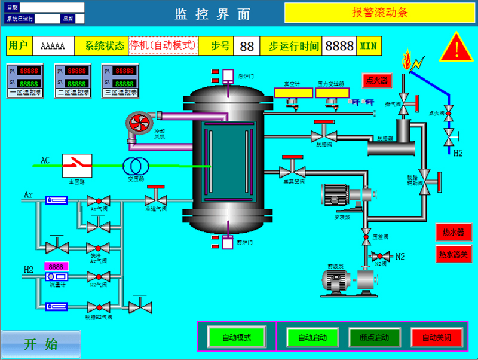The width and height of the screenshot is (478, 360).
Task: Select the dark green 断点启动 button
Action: point(375,337)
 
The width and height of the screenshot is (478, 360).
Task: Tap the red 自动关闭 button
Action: point(437,337)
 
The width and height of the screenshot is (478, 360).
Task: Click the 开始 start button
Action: point(41,344)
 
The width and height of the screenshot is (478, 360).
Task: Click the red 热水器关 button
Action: point(453,254)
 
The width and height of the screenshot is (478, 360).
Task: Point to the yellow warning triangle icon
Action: point(456,47)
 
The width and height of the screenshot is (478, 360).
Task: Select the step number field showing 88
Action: point(247,46)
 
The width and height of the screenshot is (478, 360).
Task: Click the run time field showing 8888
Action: point(339,46)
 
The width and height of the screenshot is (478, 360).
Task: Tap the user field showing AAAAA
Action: point(53,46)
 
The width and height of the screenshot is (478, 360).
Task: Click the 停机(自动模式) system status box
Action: point(163,45)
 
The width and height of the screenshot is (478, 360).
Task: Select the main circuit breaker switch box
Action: point(77,164)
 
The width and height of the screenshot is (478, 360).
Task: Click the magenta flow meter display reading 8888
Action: point(56,266)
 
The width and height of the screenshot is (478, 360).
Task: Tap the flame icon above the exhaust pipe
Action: point(407,60)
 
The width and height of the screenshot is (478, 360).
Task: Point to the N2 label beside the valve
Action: point(400,257)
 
